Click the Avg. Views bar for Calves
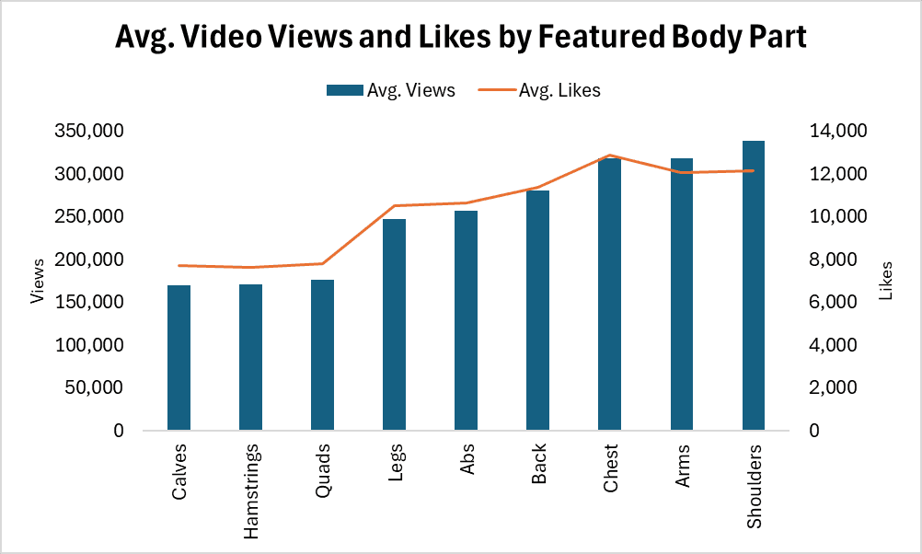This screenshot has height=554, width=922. click(179, 358)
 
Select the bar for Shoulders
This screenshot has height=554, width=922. click(754, 285)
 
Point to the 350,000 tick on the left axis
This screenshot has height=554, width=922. click(89, 132)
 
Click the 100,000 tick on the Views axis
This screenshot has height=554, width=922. click(89, 345)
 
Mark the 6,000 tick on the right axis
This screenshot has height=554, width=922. click(837, 302)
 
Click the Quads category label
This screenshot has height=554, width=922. click(323, 471)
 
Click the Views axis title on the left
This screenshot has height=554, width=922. click(38, 282)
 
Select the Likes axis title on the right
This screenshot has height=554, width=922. click(886, 282)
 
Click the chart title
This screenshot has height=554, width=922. click(460, 38)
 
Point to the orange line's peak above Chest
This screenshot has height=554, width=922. click(609, 156)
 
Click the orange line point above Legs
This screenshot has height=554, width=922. click(394, 205)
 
